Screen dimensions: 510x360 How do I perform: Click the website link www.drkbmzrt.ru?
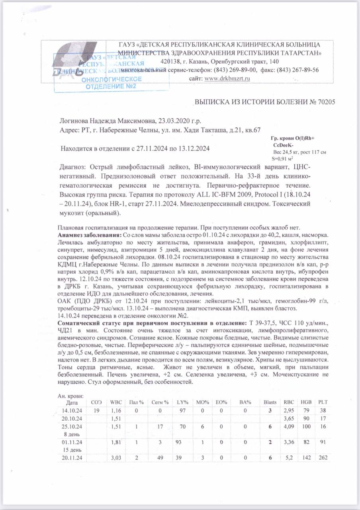pyautogui.click(x=227, y=78)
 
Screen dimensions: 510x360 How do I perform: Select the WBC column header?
pyautogui.click(x=115, y=402)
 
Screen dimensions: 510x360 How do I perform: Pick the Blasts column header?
pyautogui.click(x=270, y=402)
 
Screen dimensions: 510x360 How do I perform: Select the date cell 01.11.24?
pyautogui.click(x=72, y=442)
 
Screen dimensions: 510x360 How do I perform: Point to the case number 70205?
pyautogui.click(x=326, y=102)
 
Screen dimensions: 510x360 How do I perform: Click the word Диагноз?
pyautogui.click(x=72, y=167)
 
